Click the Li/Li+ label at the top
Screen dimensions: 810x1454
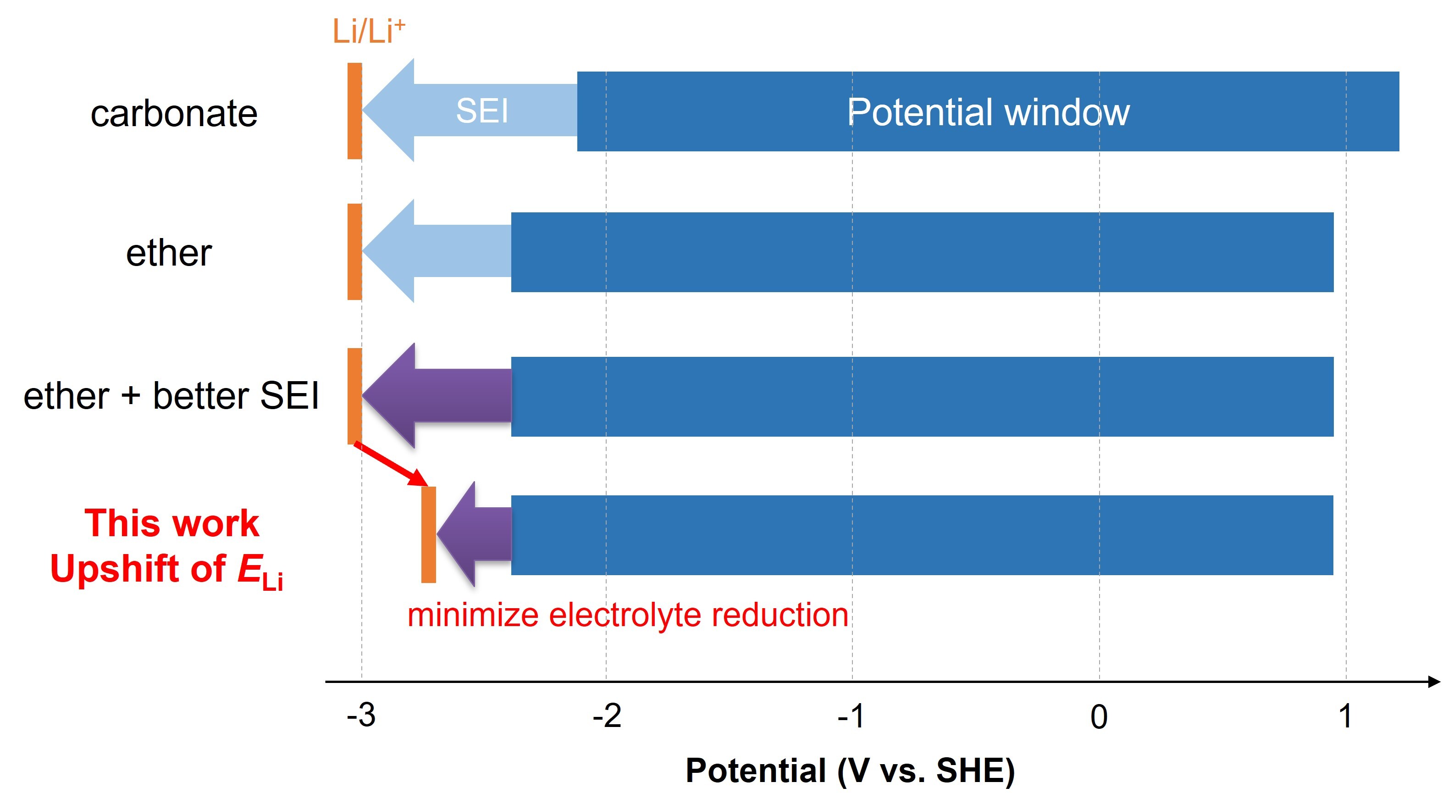(368, 31)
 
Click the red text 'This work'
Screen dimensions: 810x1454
(171, 523)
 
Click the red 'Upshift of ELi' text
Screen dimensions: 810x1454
(166, 570)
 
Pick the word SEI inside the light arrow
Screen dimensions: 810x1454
(482, 111)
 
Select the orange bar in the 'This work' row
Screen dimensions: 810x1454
(428, 534)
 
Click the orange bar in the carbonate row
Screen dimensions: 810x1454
(354, 111)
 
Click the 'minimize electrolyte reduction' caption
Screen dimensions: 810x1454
(628, 615)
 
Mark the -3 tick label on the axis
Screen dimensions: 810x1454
(361, 716)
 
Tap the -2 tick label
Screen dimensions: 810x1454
(606, 716)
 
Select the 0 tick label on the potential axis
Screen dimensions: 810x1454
(1098, 717)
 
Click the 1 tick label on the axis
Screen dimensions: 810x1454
(1345, 716)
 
